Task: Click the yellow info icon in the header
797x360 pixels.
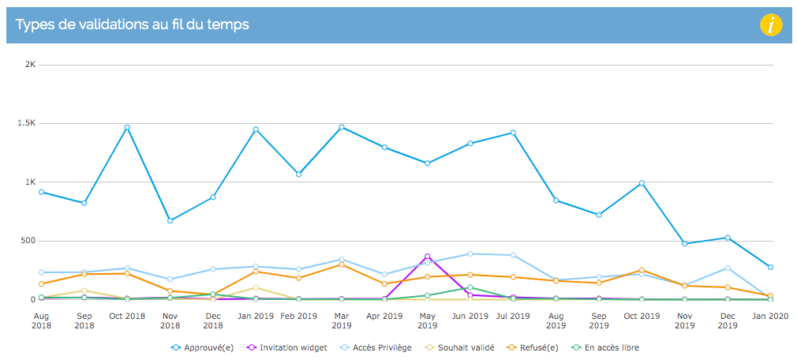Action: click(771, 25)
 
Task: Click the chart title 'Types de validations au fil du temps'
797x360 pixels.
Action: click(132, 24)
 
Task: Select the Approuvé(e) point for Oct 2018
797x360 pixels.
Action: click(127, 128)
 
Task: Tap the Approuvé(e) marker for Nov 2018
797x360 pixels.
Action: click(170, 221)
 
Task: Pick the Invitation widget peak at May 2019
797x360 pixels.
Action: click(428, 257)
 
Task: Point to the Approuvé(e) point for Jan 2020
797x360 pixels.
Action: click(771, 267)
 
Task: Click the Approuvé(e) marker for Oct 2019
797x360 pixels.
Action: click(642, 183)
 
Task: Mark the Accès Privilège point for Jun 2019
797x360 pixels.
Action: click(470, 253)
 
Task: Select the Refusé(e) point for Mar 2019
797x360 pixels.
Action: click(342, 264)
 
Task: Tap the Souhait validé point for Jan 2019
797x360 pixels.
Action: click(256, 288)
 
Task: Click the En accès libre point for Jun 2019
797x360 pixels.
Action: click(470, 288)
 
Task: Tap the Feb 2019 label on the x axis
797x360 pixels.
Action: click(299, 316)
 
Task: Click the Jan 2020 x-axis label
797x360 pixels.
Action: click(772, 316)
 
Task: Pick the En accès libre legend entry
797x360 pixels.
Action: click(604, 348)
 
